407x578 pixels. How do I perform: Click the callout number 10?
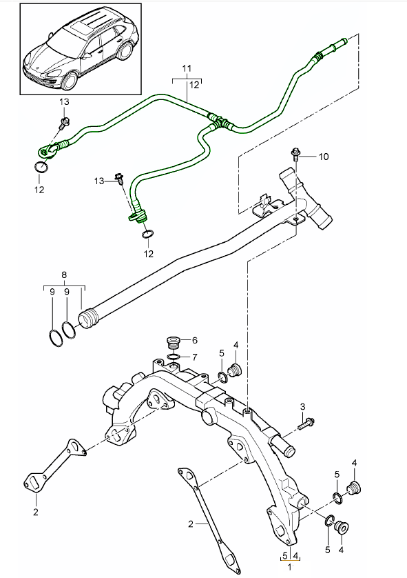pos(323,157)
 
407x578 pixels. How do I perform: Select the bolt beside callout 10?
pos(295,154)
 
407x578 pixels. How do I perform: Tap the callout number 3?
pos(302,407)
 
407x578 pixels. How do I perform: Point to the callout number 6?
pos(195,340)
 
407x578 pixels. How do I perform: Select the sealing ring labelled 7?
pos(173,357)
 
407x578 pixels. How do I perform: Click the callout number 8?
pos(64,275)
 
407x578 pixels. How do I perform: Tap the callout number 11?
pos(187,68)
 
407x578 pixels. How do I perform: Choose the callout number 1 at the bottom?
pos(290,567)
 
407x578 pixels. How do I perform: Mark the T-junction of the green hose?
pos(219,121)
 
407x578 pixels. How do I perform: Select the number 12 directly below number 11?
pos(194,85)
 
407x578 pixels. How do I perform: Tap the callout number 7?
pos(194,357)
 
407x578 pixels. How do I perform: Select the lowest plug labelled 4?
pos(342,528)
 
